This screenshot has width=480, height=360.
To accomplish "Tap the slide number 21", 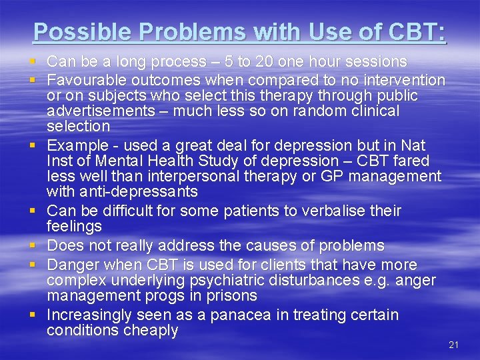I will [453, 345].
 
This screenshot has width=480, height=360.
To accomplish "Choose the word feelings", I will [74, 227].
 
